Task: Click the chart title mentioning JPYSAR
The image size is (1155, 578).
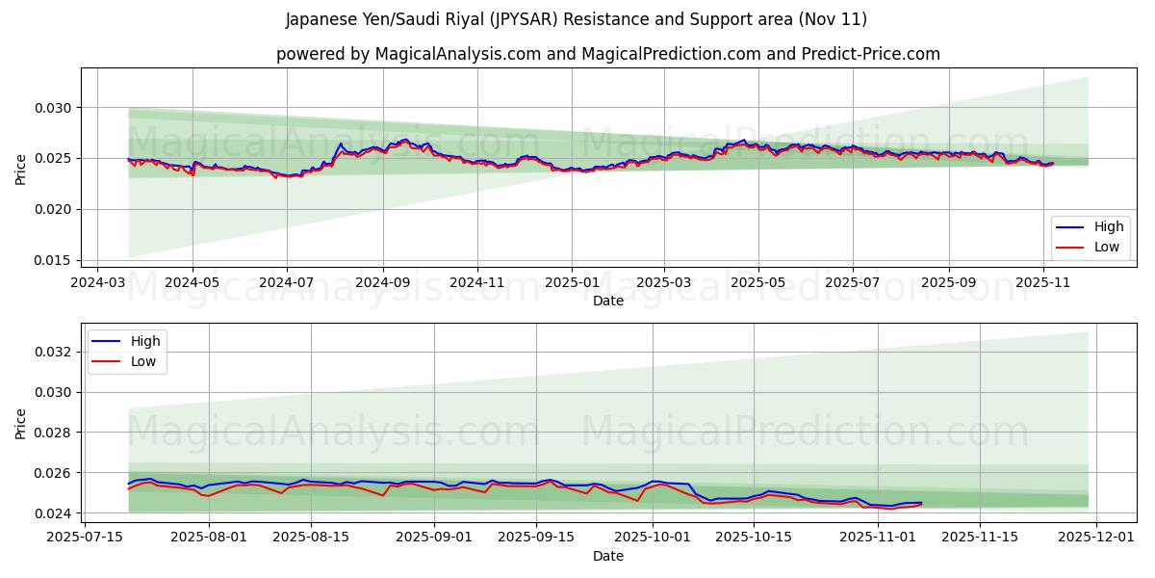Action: click(577, 19)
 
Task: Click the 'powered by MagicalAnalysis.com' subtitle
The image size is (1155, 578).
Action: click(607, 54)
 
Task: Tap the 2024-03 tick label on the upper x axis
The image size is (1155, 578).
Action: click(98, 283)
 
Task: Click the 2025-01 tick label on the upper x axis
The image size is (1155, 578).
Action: click(571, 283)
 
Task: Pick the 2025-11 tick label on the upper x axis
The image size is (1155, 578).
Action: click(1043, 283)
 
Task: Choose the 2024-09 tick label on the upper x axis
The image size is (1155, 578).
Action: click(382, 283)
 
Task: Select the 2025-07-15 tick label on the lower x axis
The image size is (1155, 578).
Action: click(84, 536)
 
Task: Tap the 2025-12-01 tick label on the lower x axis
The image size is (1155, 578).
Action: click(1097, 536)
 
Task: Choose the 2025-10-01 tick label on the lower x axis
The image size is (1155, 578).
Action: click(653, 536)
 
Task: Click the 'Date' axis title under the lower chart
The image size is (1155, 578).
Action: click(607, 556)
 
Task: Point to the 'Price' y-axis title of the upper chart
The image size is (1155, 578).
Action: click(21, 169)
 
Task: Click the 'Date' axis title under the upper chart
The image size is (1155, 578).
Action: click(607, 301)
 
